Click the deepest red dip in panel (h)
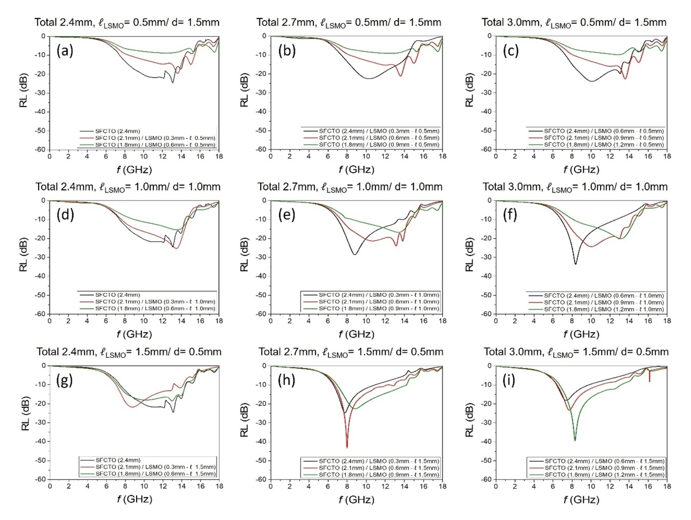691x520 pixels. pyautogui.click(x=347, y=446)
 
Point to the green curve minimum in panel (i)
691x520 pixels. pyautogui.click(x=575, y=440)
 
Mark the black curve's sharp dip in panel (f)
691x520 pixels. pyautogui.click(x=575, y=264)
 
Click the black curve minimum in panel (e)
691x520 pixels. pyautogui.click(x=354, y=254)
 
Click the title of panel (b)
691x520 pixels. pyautogui.click(x=349, y=22)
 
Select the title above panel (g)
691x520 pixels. pyautogui.click(x=129, y=352)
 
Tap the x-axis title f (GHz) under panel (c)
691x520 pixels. pyautogui.click(x=581, y=169)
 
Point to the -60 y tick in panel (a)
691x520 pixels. pyautogui.click(x=40, y=149)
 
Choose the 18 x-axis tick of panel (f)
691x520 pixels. pyautogui.click(x=667, y=321)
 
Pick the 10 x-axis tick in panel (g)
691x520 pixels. pyautogui.click(x=144, y=486)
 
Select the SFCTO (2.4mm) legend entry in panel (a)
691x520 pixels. pyautogui.click(x=118, y=131)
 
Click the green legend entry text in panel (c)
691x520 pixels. pyautogui.click(x=604, y=145)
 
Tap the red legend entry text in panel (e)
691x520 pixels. pyautogui.click(x=379, y=302)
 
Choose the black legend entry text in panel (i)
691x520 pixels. pyautogui.click(x=604, y=461)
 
